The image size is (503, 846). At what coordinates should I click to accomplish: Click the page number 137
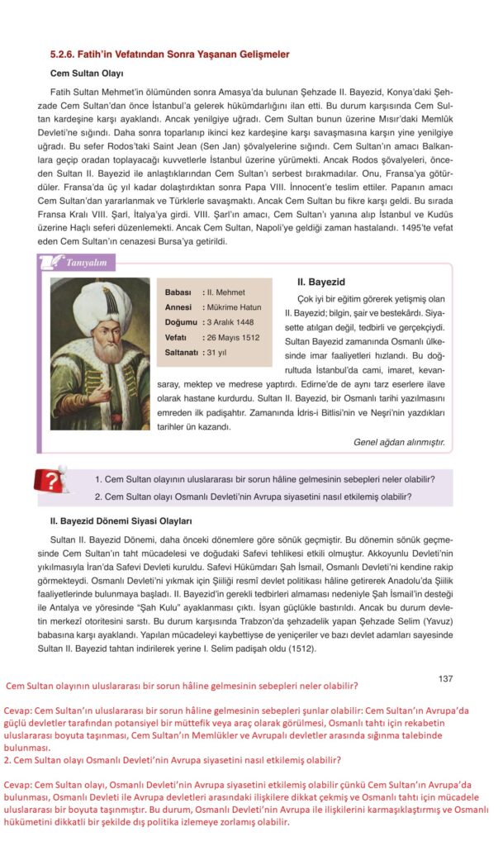click(445, 679)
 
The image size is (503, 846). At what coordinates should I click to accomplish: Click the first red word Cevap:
click(19, 710)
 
